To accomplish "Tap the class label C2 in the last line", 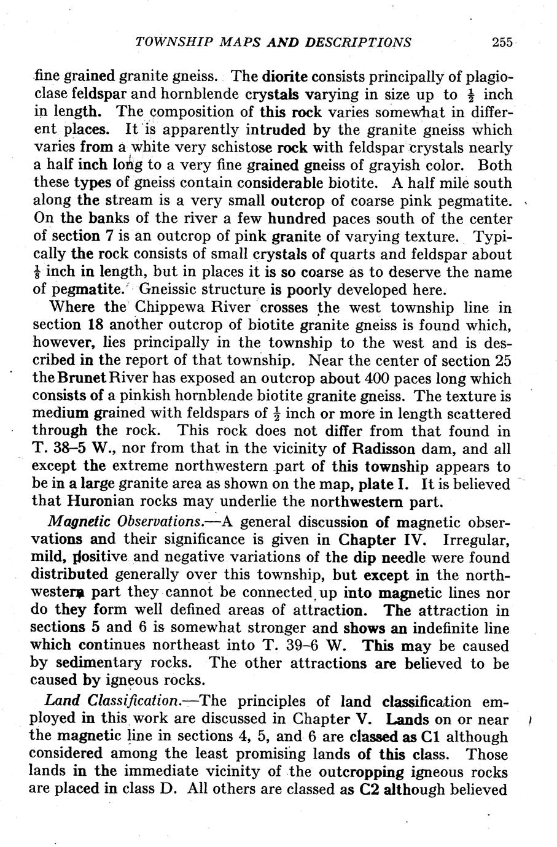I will [369, 789].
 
